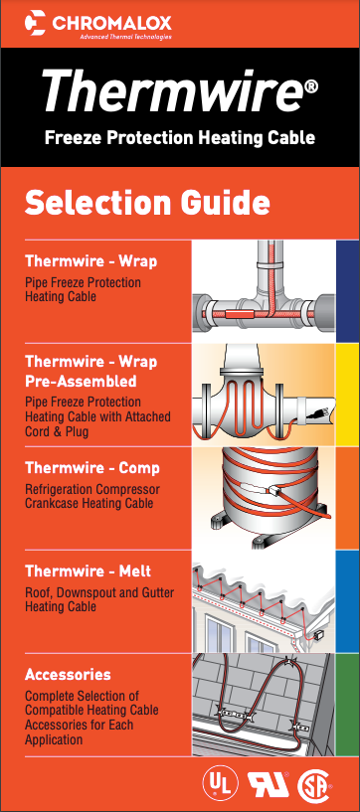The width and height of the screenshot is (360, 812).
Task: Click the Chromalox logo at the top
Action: [98, 22]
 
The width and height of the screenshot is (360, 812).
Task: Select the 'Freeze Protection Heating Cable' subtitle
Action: [179, 137]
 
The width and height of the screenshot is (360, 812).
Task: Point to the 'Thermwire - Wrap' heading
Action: [90, 262]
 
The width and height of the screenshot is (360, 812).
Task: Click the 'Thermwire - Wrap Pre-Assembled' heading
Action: [90, 371]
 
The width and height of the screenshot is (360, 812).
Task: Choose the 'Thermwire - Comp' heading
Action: [91, 468]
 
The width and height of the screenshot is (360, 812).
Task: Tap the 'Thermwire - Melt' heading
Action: [88, 572]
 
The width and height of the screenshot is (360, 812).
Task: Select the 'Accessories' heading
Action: [68, 675]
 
